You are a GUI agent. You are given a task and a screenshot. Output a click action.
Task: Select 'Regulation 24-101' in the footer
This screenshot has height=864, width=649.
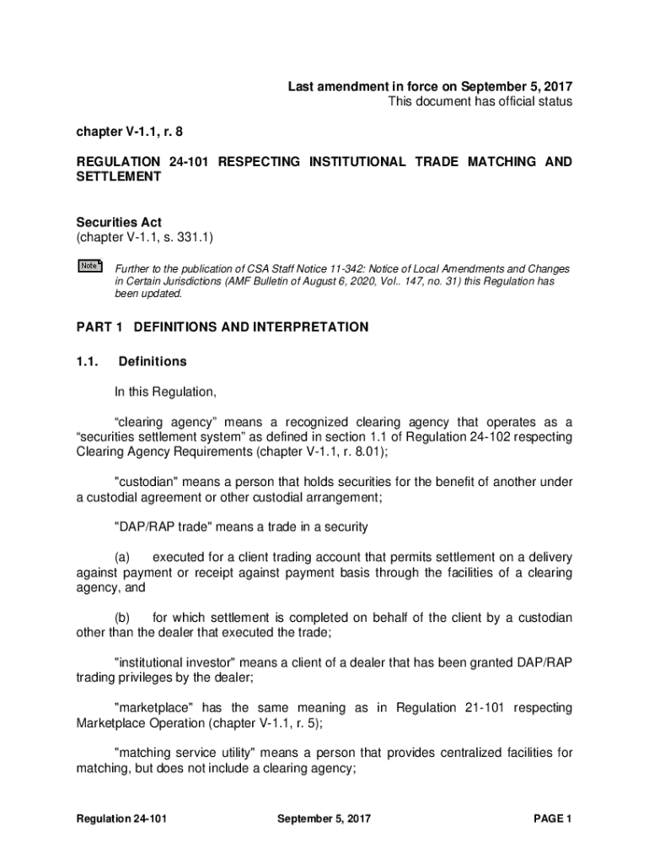click(115, 818)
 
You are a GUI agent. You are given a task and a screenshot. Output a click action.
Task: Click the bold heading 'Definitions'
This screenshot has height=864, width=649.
click(153, 361)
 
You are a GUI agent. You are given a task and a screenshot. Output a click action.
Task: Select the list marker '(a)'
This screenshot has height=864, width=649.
click(123, 557)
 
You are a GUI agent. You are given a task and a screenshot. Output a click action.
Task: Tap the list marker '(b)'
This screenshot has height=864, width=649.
click(123, 618)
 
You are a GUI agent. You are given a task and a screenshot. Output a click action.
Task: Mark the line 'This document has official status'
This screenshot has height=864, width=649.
click(480, 102)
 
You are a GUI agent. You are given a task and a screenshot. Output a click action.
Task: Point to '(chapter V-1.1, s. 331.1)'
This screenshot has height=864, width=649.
click(147, 239)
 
